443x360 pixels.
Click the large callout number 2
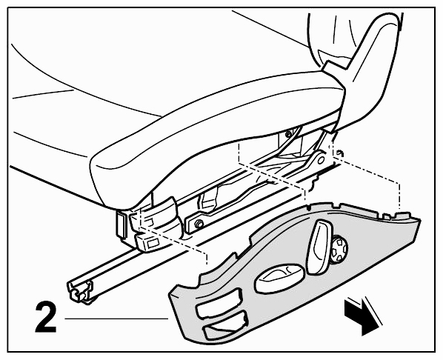point(46,317)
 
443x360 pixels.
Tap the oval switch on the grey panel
point(279,278)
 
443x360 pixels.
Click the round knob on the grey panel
point(339,250)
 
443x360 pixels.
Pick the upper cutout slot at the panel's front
point(219,303)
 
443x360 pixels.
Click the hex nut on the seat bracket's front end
point(199,224)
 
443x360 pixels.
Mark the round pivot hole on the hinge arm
point(321,160)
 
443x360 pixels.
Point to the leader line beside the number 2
point(116,319)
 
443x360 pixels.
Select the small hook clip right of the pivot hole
point(341,153)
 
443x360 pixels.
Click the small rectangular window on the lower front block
point(153,241)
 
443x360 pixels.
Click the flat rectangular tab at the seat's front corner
point(121,224)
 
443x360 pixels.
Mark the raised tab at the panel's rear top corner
point(405,214)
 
